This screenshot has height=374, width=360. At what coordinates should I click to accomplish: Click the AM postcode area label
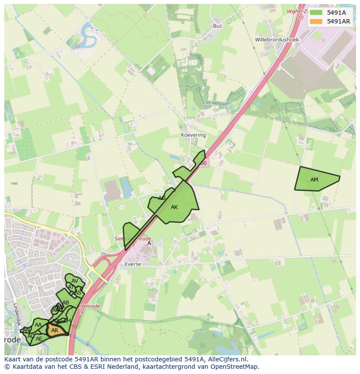coord(314,180)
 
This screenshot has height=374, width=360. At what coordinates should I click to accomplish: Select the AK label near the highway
coord(174,207)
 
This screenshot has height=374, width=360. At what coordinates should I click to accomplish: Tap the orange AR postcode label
coord(55,331)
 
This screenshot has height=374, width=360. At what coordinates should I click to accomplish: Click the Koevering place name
coord(193,135)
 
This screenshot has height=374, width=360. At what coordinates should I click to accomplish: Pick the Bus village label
coord(217,26)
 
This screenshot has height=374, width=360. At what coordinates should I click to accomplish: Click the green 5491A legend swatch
coord(317,13)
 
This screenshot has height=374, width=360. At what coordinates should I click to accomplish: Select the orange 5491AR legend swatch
coord(317,21)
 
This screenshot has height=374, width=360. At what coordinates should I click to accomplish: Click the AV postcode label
coord(75,281)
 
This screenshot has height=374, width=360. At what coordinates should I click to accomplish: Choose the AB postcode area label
coord(66,303)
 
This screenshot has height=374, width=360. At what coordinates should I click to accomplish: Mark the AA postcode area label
coord(38,325)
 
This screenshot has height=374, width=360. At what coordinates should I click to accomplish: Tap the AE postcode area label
coord(39,338)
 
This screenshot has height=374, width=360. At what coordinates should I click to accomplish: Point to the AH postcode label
coord(67,321)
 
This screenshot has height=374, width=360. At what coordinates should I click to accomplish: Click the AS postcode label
coord(78,293)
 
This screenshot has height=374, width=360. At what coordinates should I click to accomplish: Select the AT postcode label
coord(71,287)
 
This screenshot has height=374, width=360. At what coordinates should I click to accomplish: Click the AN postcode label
coord(27,330)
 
